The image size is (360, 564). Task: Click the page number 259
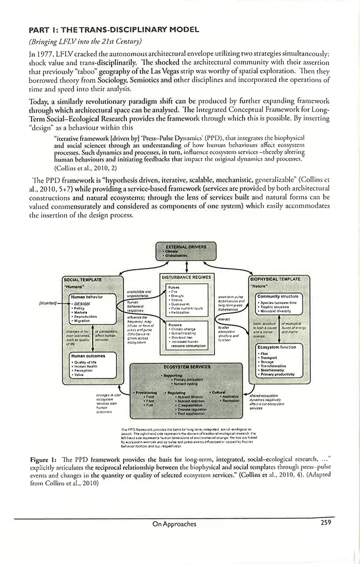click(x=327, y=523)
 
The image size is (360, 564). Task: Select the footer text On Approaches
click(x=174, y=524)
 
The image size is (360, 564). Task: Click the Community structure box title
click(x=278, y=296)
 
